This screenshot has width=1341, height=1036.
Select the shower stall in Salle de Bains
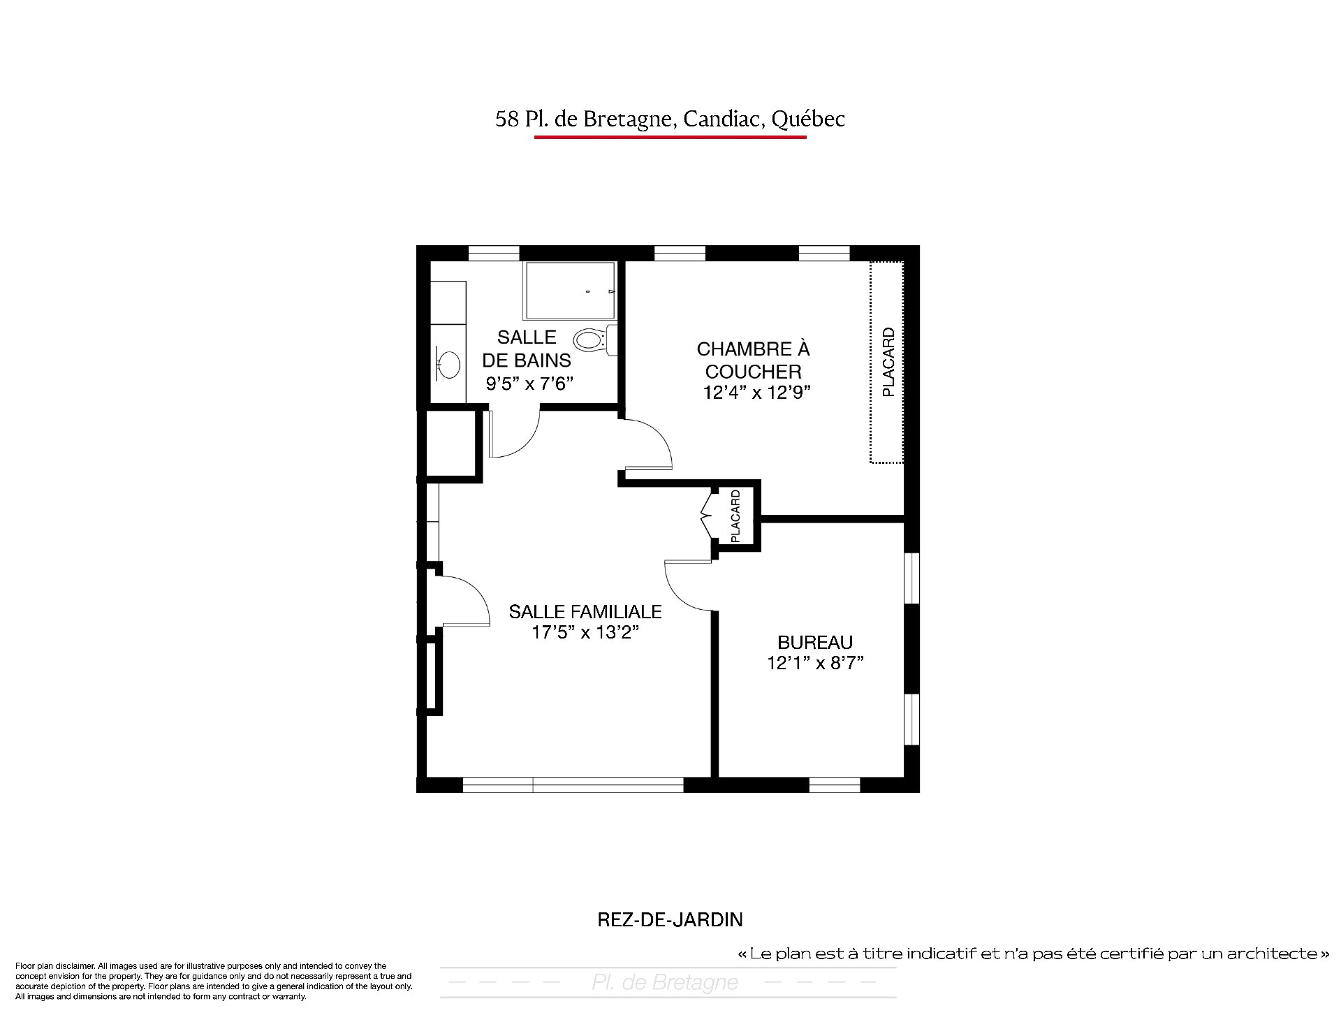pos(570,291)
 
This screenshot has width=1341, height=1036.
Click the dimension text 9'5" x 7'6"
pos(529,384)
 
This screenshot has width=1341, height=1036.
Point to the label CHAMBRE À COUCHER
pos(753,360)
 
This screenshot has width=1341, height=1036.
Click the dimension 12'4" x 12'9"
pos(757,393)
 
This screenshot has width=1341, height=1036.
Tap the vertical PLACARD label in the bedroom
pos(888,362)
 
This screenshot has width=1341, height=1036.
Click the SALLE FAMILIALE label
pos(585,611)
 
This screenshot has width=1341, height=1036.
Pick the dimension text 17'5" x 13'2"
pos(586,633)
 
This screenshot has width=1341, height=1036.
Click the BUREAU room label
pos(815,642)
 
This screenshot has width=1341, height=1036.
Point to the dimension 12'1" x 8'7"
pos(815,663)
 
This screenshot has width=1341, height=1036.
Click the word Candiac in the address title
pos(724,119)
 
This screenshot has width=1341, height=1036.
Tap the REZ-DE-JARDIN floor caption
pos(670,919)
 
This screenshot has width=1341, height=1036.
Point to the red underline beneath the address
pos(670,137)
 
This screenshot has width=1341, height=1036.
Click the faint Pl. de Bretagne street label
pos(665,983)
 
